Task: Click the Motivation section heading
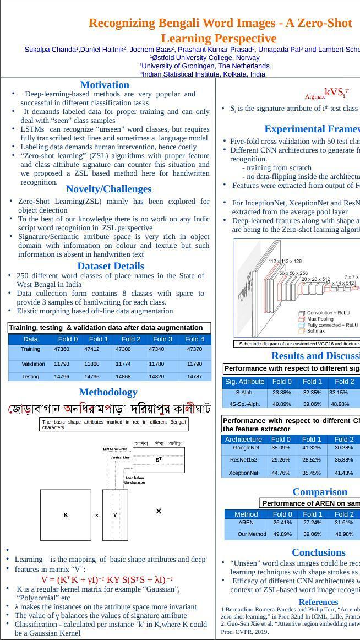coord(105,85)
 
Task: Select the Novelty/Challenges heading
coord(108,189)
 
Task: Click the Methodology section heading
coord(108,392)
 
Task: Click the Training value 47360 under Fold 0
coord(62,349)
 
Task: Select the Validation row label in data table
coord(30,364)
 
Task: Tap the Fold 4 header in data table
coord(194,339)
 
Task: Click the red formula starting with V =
coord(107,579)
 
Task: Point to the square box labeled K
coord(66,515)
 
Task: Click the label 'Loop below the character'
coord(134,480)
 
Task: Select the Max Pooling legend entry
coord(319,319)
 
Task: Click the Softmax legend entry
coord(316,331)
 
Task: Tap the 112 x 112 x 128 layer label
coord(285,261)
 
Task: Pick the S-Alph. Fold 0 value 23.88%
coord(281,393)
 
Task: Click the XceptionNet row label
coord(243,473)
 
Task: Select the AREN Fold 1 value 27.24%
coord(312,523)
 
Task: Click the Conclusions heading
coord(318,552)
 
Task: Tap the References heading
coord(318,602)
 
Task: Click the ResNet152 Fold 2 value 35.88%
coord(343,460)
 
